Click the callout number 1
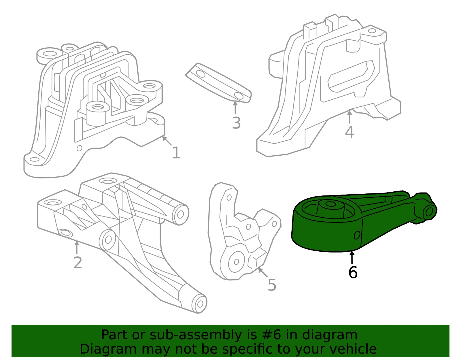click(176, 153)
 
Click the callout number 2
click(78, 263)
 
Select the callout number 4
click(349, 132)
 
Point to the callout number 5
click(272, 285)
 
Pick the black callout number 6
click(353, 272)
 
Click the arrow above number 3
click(235, 108)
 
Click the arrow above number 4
click(349, 117)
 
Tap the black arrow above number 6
click(352, 257)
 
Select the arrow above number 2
click(77, 247)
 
